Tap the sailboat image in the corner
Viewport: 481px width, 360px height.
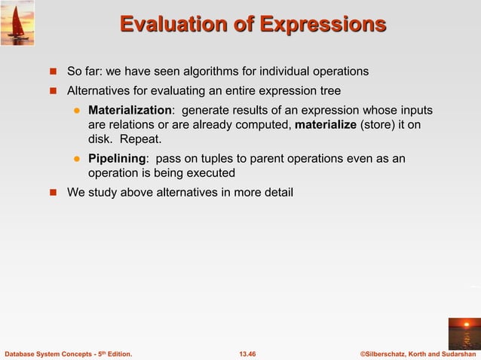click(x=17, y=23)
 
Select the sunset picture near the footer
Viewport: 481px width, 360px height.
click(x=464, y=333)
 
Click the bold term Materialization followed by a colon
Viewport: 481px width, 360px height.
click(x=129, y=111)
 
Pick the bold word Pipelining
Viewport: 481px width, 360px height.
click(x=116, y=159)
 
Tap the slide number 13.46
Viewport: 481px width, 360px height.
click(x=247, y=353)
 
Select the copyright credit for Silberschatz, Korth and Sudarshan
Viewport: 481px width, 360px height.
click(x=418, y=353)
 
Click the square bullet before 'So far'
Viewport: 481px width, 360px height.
click(x=54, y=72)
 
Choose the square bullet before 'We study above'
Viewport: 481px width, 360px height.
click(x=54, y=193)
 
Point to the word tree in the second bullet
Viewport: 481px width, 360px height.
click(x=329, y=91)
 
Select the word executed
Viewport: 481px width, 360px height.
click(x=208, y=173)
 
